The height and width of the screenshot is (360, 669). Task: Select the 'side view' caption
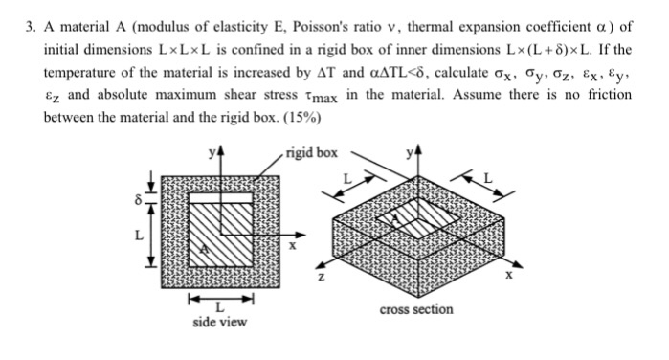tap(219, 322)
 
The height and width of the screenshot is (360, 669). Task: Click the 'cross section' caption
tap(416, 309)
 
